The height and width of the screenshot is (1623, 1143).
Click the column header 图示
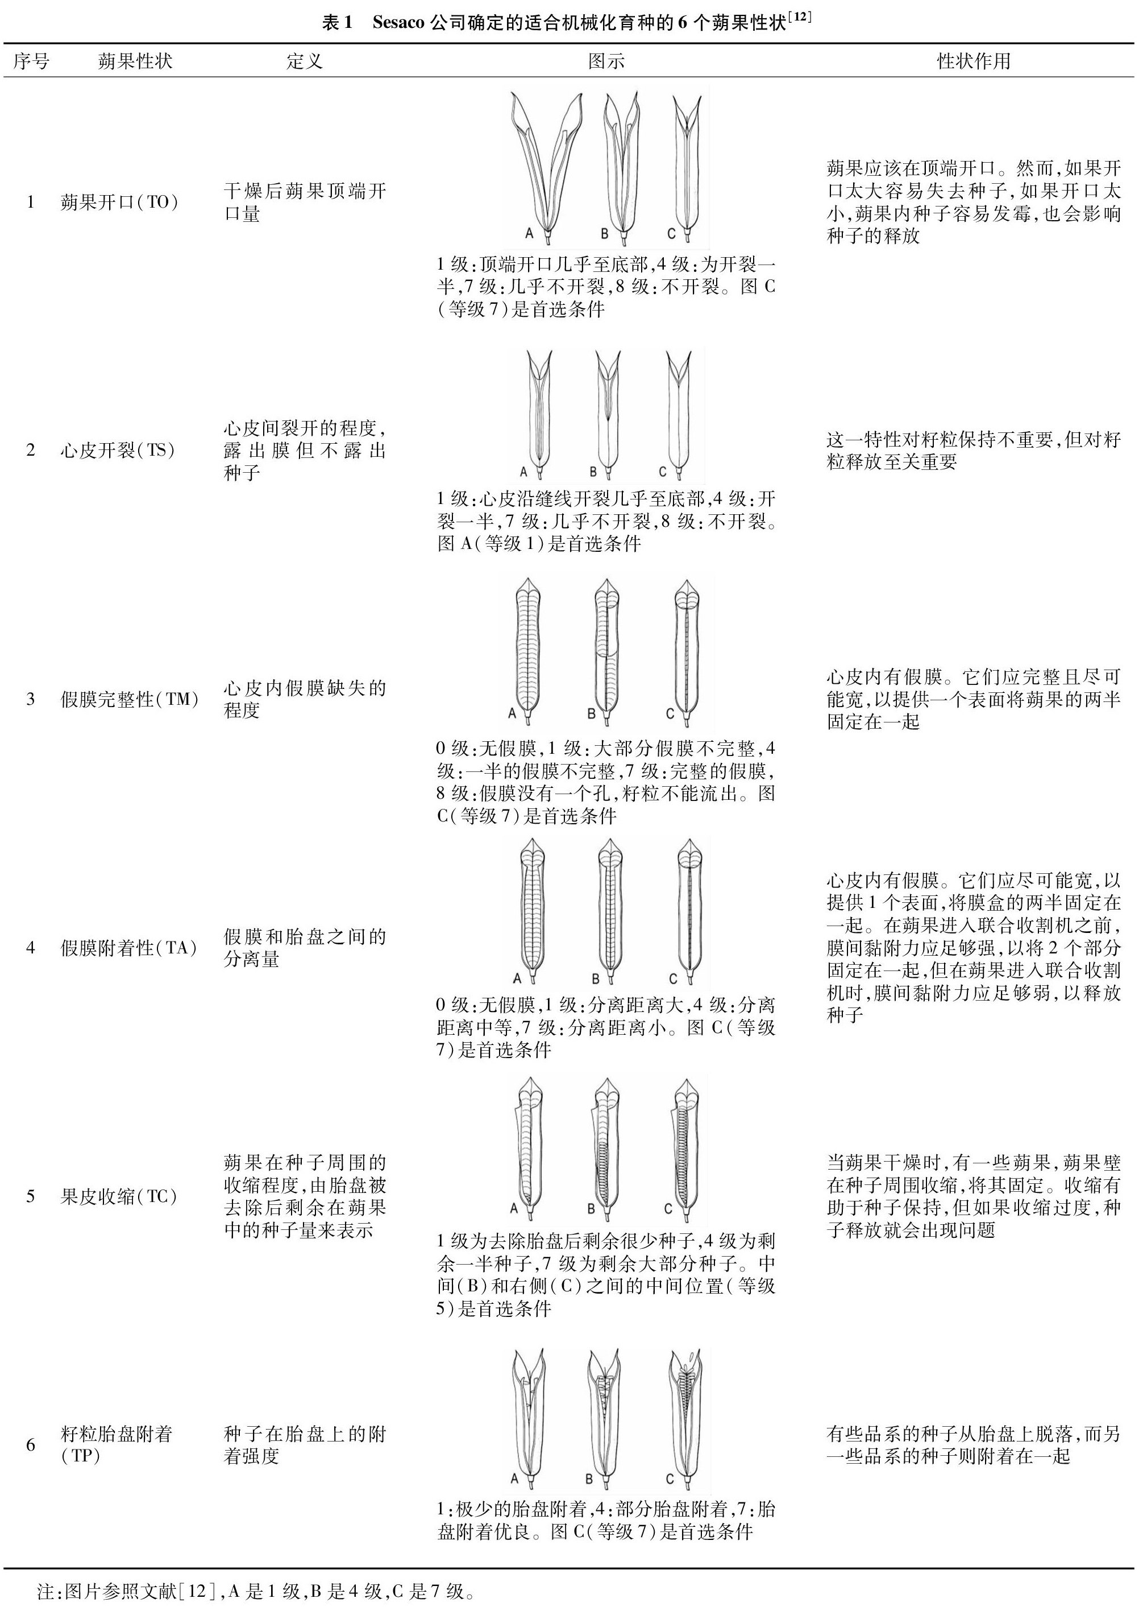click(606, 61)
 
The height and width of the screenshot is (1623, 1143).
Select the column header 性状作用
click(974, 61)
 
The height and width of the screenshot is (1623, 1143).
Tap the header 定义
click(305, 61)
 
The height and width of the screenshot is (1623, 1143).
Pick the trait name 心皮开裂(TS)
click(117, 451)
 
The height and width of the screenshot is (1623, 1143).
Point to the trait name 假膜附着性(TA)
click(128, 948)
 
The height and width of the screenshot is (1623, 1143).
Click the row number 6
click(30, 1444)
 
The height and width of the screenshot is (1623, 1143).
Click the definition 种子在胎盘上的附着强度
click(305, 1444)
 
